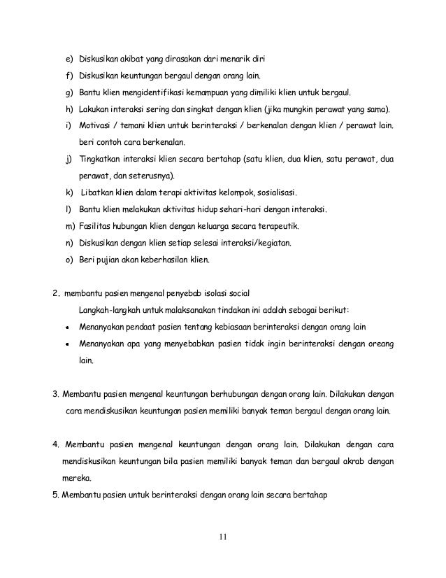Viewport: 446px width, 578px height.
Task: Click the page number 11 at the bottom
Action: (x=222, y=537)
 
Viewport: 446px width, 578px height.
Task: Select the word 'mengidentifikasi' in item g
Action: (x=151, y=92)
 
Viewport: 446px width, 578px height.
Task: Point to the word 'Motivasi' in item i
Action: (x=96, y=126)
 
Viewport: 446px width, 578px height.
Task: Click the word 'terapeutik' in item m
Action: (x=282, y=226)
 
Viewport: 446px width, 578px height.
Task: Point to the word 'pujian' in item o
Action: (x=108, y=260)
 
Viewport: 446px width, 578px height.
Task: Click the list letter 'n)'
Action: (x=69, y=244)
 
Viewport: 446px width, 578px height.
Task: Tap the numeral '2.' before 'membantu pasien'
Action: (x=56, y=292)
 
